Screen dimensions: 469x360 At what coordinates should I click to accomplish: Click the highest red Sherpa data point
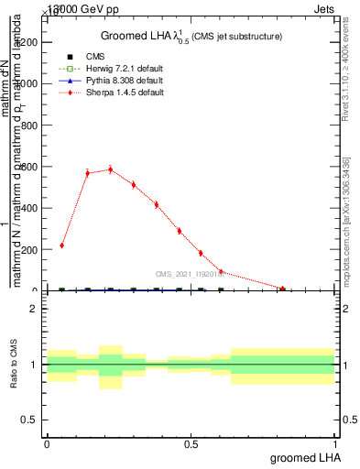(x=110, y=169)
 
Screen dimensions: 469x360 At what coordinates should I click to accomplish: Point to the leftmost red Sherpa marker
(x=61, y=245)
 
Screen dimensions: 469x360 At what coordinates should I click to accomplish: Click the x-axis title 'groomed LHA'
(x=304, y=458)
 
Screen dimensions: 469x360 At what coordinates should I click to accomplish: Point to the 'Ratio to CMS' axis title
(x=14, y=365)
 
